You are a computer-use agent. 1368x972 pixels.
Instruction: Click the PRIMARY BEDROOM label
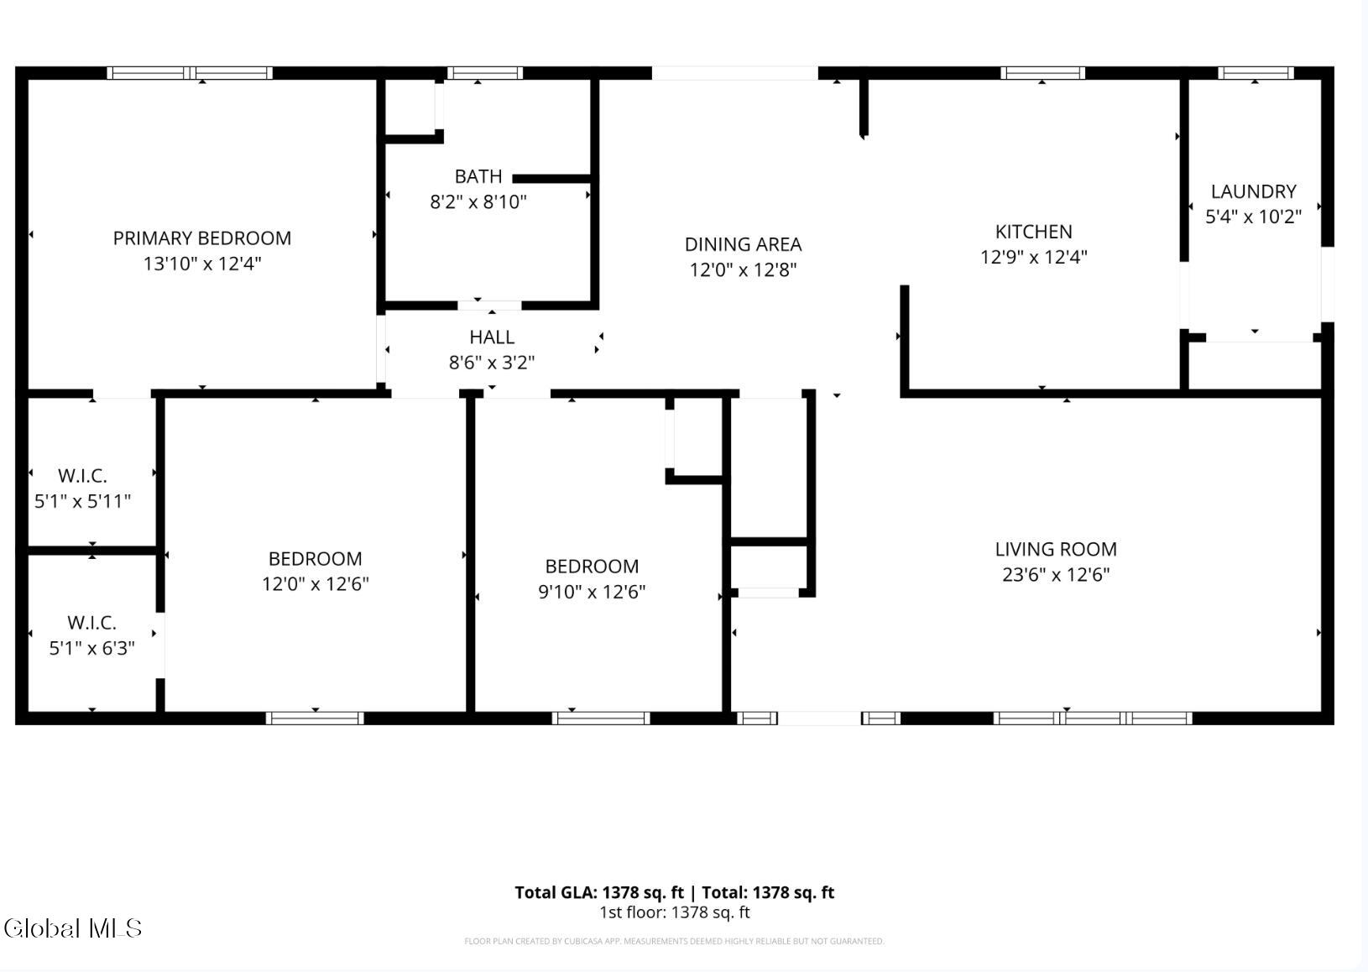[x=202, y=238]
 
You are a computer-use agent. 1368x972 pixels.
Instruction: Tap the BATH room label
[x=478, y=176]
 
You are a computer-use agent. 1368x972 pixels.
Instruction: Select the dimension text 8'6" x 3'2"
[x=492, y=363]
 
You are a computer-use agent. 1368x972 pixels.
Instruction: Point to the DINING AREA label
[x=743, y=244]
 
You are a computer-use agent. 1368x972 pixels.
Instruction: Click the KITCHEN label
[x=1033, y=232]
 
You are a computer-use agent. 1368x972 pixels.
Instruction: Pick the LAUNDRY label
[x=1253, y=191]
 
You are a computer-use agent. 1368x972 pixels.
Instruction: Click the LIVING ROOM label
[x=1055, y=549]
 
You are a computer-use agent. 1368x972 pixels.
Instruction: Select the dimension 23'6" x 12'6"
[x=1055, y=574]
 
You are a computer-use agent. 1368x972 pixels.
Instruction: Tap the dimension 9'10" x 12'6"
[x=591, y=592]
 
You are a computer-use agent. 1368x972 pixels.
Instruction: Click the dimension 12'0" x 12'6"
[x=315, y=583]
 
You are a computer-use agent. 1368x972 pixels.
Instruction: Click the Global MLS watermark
[x=73, y=928]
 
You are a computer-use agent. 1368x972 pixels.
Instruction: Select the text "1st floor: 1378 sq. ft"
[x=674, y=912]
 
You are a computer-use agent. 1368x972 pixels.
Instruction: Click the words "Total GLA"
[x=555, y=892]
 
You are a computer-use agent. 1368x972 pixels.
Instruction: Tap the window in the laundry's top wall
[x=1256, y=73]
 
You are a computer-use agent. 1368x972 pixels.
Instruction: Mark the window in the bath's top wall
[x=485, y=73]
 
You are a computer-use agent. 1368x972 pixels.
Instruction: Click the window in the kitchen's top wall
[x=1042, y=73]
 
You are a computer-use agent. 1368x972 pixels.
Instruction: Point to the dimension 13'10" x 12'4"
[x=202, y=264]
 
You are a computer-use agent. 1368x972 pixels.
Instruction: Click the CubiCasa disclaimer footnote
[x=674, y=941]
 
